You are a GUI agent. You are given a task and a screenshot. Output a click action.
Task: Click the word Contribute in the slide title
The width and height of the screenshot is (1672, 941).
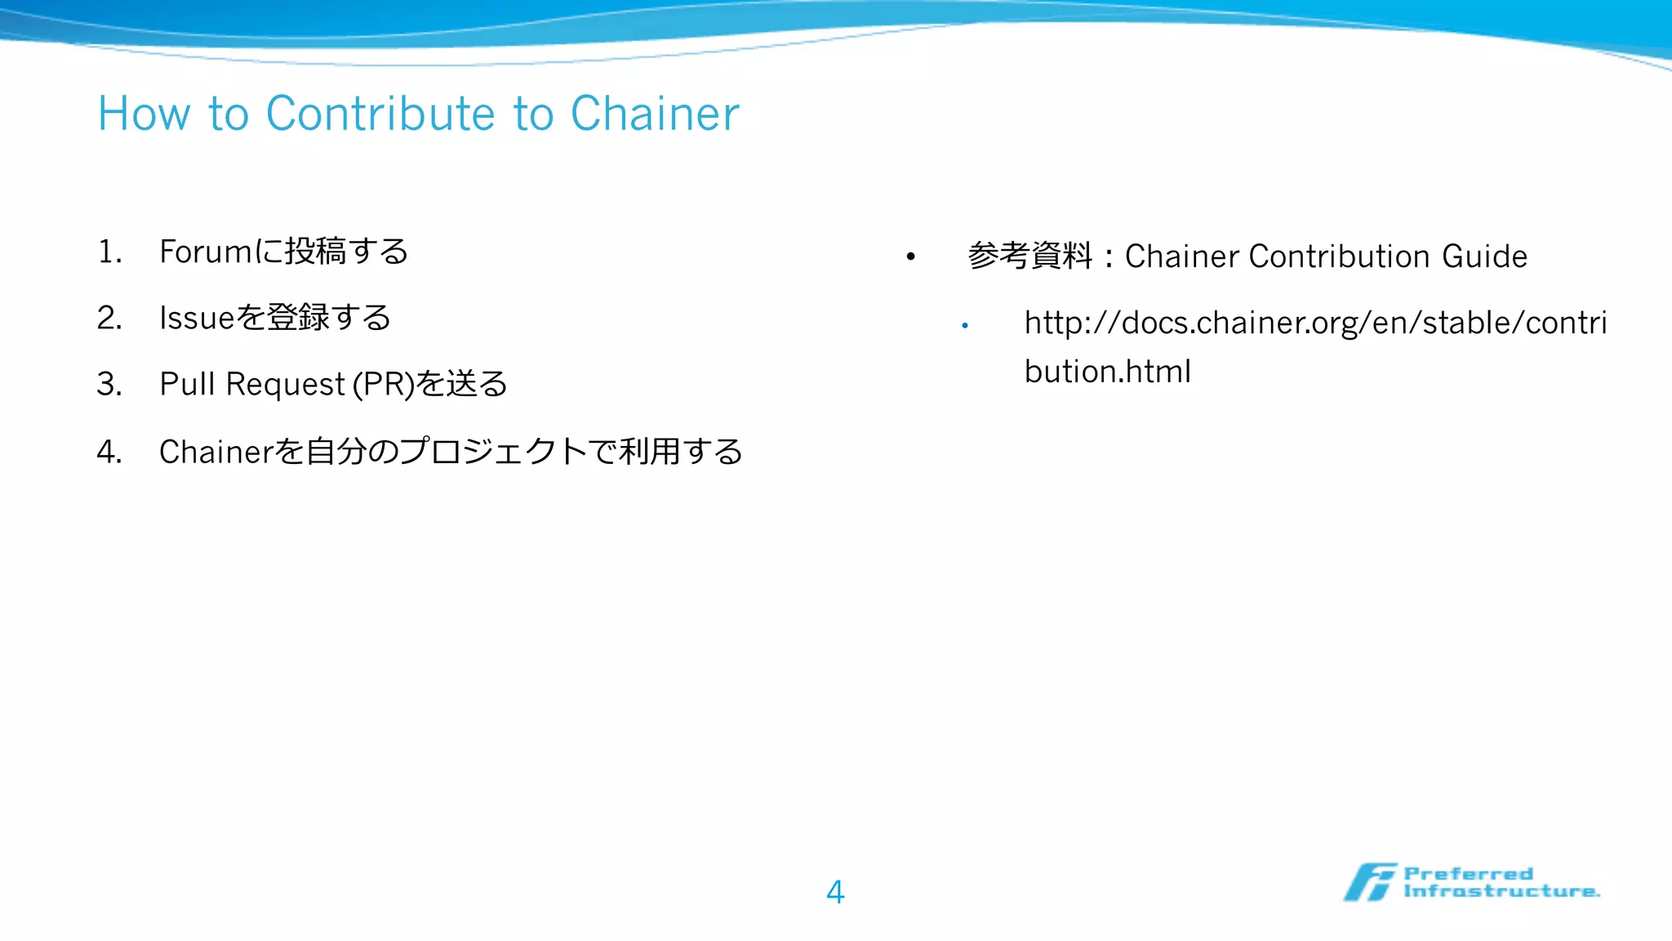(380, 114)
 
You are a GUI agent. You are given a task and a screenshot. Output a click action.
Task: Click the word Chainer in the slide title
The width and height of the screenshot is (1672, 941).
(654, 114)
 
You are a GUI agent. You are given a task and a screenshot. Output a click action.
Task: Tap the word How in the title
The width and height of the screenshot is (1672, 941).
(145, 114)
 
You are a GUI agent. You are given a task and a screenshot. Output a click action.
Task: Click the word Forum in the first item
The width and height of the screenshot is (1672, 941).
(206, 252)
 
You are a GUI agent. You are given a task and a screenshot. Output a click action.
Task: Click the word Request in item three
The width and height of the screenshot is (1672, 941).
(286, 384)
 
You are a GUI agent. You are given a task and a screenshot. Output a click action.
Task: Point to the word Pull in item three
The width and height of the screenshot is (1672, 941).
(187, 384)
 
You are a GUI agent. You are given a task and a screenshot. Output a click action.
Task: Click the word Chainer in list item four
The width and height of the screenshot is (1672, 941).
(216, 451)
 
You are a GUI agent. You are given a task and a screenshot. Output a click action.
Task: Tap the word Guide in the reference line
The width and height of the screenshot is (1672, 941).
(1484, 256)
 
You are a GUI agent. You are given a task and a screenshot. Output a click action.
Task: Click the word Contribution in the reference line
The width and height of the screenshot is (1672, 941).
(1339, 256)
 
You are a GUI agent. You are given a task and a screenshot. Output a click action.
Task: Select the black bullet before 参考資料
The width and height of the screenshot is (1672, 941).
(911, 257)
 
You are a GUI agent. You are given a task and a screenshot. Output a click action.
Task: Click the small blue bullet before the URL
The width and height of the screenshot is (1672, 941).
(965, 325)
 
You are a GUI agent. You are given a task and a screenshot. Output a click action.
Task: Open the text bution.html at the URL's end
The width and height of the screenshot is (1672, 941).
(1107, 372)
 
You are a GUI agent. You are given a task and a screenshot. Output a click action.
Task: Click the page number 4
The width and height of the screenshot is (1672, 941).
(835, 891)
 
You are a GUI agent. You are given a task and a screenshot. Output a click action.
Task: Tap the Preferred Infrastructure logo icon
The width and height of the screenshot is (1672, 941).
(1370, 882)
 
